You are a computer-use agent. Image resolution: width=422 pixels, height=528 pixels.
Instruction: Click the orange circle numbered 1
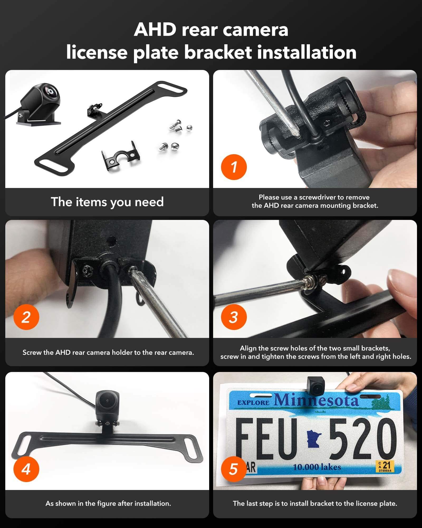click(x=234, y=167)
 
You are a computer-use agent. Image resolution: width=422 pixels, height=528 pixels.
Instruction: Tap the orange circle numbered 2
click(x=26, y=317)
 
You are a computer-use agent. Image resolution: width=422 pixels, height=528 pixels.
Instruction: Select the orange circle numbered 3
click(x=234, y=317)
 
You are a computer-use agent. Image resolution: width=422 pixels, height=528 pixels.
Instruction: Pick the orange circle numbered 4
click(x=26, y=469)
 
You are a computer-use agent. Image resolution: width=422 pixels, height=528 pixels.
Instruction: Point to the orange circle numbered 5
click(x=234, y=469)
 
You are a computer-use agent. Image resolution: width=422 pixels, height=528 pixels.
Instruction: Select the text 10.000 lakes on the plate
click(x=317, y=467)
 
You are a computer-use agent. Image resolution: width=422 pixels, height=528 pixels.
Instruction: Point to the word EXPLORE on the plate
click(x=253, y=403)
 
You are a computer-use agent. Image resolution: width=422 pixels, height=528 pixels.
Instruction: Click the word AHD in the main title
click(x=155, y=30)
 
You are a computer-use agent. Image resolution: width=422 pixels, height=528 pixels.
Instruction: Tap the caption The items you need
click(x=107, y=202)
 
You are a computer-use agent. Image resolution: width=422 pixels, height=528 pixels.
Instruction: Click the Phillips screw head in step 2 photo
click(x=87, y=271)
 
